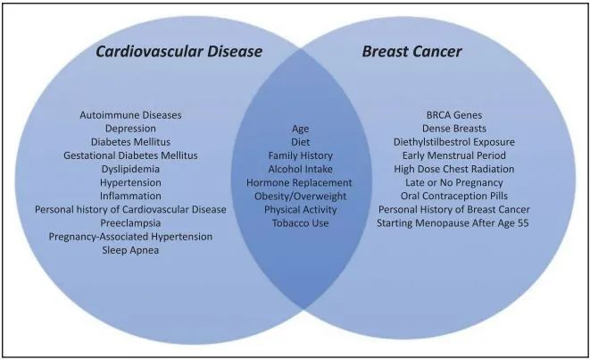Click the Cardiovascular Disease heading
[179, 51]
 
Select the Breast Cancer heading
[412, 51]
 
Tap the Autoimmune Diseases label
[130, 115]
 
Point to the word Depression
[130, 129]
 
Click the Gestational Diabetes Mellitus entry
[130, 155]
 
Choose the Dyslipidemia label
[130, 169]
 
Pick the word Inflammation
[130, 196]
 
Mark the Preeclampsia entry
[130, 223]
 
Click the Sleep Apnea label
[130, 250]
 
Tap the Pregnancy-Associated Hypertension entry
[130, 237]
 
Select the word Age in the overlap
[300, 129]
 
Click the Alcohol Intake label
[300, 169]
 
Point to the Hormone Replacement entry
[300, 182]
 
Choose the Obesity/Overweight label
[300, 197]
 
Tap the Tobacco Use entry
[300, 223]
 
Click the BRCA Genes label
[454, 115]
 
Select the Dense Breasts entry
[454, 129]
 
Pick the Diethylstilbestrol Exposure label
[454, 142]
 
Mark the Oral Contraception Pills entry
[454, 196]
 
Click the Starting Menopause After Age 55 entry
[453, 223]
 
